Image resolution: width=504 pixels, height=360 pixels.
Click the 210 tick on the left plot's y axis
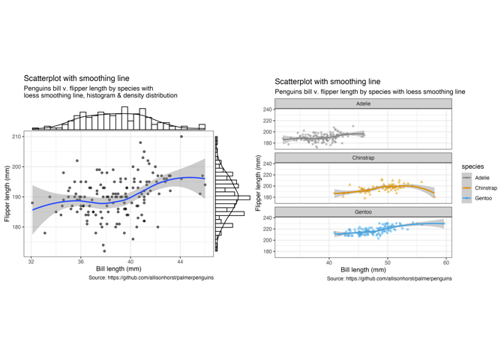pyautogui.click(x=16, y=136)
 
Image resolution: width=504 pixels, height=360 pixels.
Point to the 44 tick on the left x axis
pyautogui.click(x=180, y=262)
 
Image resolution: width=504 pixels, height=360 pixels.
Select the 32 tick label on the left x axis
pyautogui.click(x=31, y=262)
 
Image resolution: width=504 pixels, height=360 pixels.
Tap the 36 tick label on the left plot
pyautogui.click(x=80, y=262)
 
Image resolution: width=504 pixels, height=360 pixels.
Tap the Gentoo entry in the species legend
pyautogui.click(x=482, y=198)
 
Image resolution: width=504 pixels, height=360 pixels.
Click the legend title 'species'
pyautogui.click(x=472, y=166)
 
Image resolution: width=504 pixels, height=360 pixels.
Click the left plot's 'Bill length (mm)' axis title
pyautogui.click(x=118, y=269)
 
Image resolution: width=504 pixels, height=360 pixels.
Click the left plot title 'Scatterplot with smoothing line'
pyautogui.click(x=76, y=78)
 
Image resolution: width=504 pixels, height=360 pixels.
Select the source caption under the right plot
pyautogui.click(x=389, y=278)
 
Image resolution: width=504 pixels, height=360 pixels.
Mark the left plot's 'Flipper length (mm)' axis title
pyautogui.click(x=7, y=193)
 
